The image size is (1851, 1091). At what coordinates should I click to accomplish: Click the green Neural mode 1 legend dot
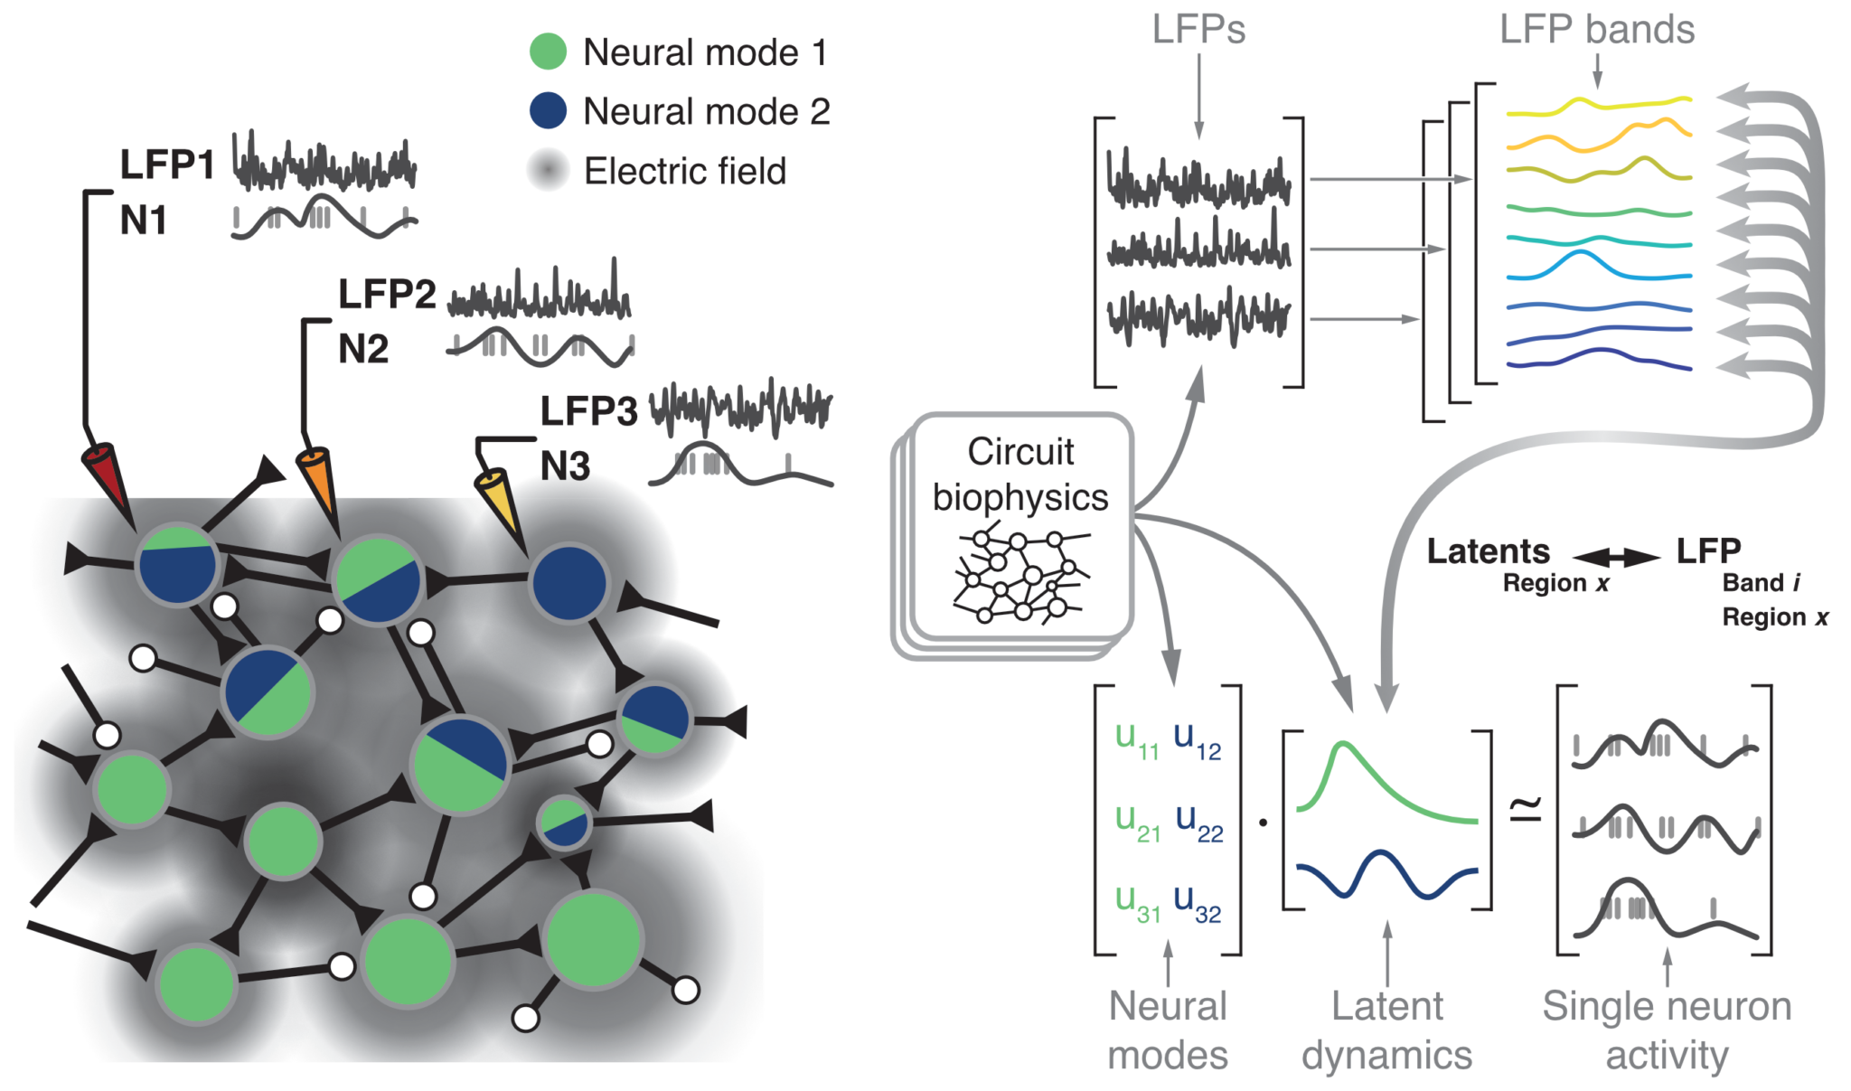click(x=548, y=52)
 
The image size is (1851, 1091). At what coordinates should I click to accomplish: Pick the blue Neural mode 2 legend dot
click(x=548, y=110)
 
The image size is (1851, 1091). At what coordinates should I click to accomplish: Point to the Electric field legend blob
click(x=548, y=170)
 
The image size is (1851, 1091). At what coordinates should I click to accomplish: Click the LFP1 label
click(x=167, y=165)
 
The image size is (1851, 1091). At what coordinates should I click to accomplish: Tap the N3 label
click(x=565, y=466)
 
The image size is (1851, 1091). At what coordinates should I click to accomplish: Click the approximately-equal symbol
click(x=1527, y=807)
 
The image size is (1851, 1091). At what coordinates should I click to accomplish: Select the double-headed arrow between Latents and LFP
click(x=1616, y=557)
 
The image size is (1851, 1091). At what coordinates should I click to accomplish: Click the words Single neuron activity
click(x=1667, y=1030)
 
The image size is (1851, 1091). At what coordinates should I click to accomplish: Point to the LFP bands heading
click(x=1596, y=30)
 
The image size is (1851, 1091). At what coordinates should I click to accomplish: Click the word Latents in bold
click(x=1488, y=551)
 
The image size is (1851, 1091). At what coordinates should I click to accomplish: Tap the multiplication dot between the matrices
click(x=1263, y=822)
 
